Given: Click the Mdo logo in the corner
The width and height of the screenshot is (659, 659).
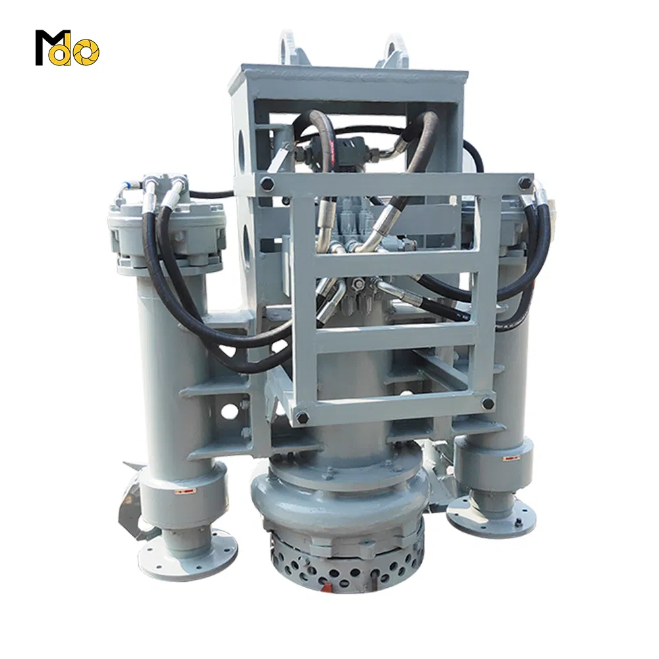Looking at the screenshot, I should (67, 47).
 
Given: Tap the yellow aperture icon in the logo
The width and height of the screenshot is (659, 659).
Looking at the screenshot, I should (86, 53).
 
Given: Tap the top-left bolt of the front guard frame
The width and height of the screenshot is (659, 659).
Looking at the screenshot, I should (266, 184).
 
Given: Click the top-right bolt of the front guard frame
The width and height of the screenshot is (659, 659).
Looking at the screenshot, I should (525, 183).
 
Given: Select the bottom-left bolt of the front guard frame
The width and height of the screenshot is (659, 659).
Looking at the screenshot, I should (302, 417).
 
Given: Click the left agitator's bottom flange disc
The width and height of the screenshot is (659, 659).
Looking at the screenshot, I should (187, 554).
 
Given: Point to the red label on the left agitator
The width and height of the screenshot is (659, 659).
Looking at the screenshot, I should (184, 490).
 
